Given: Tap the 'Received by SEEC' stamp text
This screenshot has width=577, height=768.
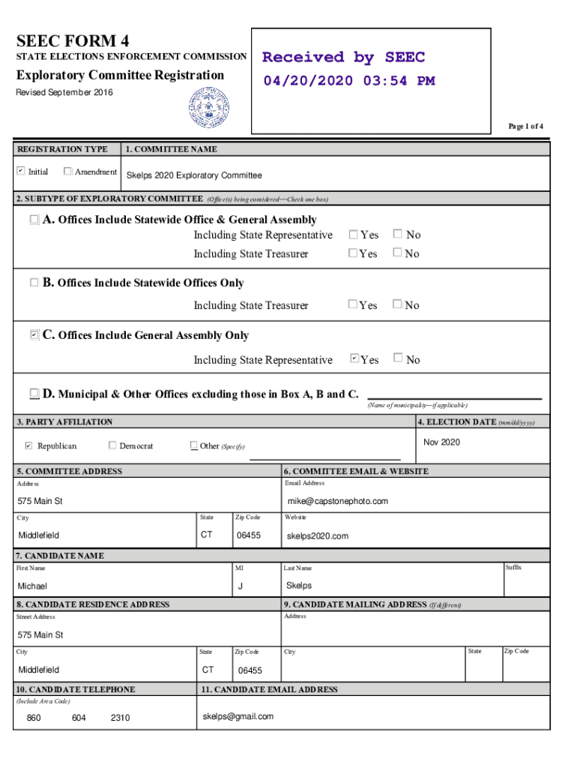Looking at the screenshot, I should click(343, 58).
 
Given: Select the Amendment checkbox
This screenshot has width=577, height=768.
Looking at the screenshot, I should click(68, 172).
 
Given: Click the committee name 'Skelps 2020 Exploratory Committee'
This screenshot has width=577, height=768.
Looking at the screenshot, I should click(194, 175).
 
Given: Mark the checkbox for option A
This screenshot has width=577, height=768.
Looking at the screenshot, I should click(34, 220).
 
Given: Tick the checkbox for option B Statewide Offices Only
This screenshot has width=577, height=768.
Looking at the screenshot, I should click(34, 283).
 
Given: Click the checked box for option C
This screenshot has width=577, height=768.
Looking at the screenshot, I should click(34, 335).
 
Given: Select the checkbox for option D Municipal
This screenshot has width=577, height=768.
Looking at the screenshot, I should click(34, 394).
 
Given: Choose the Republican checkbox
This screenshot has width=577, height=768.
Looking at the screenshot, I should click(28, 446).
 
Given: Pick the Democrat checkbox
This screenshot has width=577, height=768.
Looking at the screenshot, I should click(112, 445).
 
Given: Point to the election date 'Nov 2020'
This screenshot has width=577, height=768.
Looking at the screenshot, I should click(441, 442).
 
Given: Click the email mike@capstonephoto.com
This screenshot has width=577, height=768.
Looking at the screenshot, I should click(337, 501).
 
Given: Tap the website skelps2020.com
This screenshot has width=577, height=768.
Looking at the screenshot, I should click(318, 536).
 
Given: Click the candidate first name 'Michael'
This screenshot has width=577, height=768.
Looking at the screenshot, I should click(32, 586).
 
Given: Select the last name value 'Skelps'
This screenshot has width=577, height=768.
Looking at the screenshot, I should click(299, 586).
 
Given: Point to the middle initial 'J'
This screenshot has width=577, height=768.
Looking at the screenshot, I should click(240, 586).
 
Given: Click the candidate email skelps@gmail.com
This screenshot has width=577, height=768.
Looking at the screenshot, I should click(238, 716).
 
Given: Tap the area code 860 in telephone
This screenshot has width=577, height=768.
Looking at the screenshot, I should click(34, 718).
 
